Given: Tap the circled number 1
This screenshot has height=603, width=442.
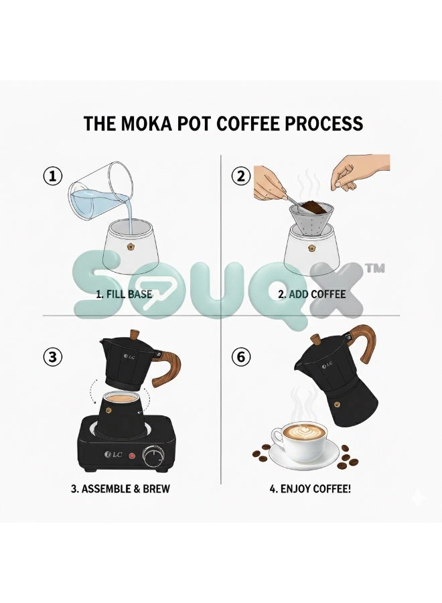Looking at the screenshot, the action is pyautogui.click(x=52, y=176).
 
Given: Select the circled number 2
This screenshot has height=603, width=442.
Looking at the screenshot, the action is pyautogui.click(x=241, y=176).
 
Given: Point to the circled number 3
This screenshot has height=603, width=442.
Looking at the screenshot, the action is pyautogui.click(x=52, y=357).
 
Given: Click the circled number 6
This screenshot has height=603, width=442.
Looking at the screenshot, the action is pyautogui.click(x=241, y=357).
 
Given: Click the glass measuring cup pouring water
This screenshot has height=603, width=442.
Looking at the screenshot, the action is pyautogui.click(x=100, y=192).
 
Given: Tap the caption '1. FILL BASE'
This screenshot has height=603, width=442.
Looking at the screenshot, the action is pyautogui.click(x=124, y=295).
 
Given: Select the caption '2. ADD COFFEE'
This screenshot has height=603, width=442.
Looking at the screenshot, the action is pyautogui.click(x=312, y=295).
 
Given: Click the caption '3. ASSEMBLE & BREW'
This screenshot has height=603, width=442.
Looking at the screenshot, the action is pyautogui.click(x=121, y=489).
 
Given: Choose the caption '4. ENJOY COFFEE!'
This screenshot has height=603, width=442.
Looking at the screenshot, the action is pyautogui.click(x=310, y=489).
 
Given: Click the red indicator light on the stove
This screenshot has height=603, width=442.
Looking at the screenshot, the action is pyautogui.click(x=132, y=456).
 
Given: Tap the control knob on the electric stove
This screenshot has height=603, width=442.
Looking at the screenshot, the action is pyautogui.click(x=154, y=456).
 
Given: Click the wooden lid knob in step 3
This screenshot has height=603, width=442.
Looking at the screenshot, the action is pyautogui.click(x=135, y=335).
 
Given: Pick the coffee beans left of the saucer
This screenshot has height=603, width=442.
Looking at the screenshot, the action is pyautogui.click(x=261, y=454).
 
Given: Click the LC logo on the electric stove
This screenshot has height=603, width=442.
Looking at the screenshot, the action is pyautogui.click(x=113, y=454).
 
